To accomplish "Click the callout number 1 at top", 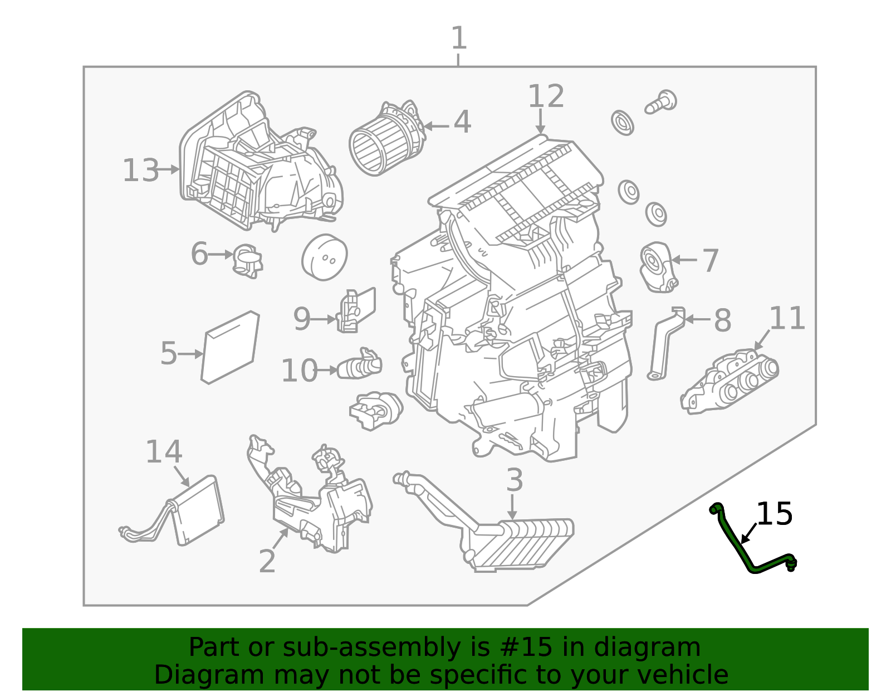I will coord(458,38).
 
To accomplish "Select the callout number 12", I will coord(546,96).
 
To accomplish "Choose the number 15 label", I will coord(774,514).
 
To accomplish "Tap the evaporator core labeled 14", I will coord(198,510).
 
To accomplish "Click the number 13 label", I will coord(141,171).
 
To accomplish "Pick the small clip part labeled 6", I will coord(247,260).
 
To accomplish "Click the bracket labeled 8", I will coord(665,345).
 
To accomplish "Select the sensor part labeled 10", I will coord(360,366).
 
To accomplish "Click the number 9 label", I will coord(301,319).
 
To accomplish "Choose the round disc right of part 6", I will coord(324,257).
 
